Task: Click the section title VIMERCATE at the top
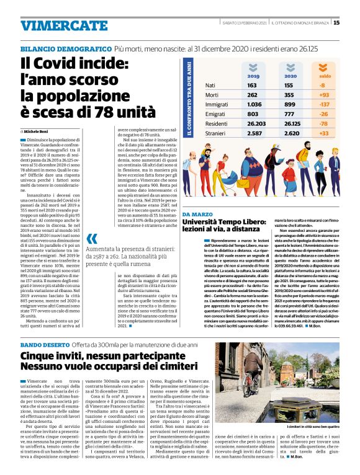[55, 25]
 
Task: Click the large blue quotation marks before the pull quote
[92, 239]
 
